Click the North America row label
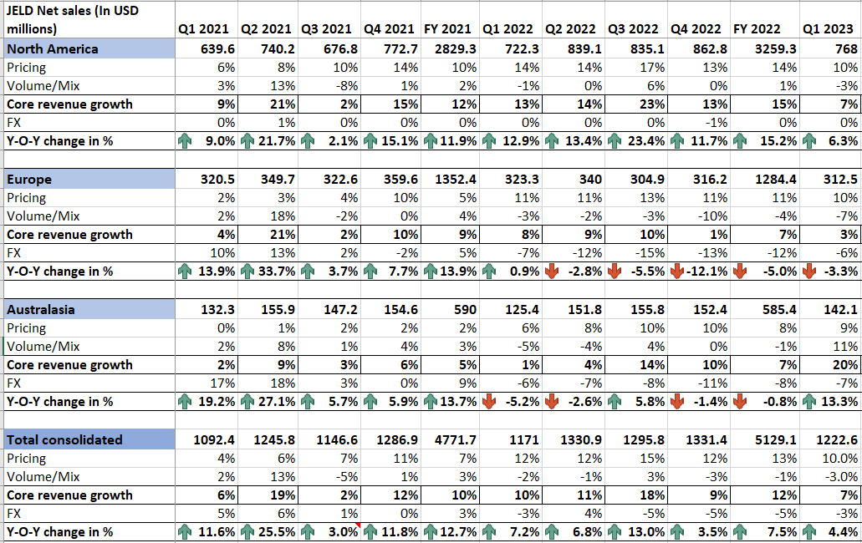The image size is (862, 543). point(52,48)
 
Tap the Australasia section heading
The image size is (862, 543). point(40,309)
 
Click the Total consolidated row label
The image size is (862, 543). point(64,439)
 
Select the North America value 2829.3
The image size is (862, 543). point(457,48)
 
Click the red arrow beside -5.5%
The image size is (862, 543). point(615,271)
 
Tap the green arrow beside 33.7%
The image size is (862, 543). point(247,271)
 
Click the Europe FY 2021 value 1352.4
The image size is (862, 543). point(457,179)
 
